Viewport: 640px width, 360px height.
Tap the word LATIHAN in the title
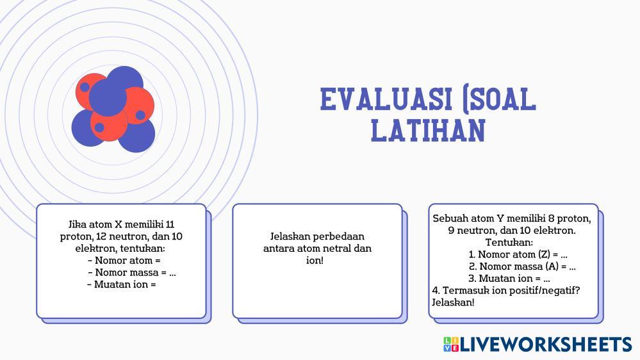point(428,130)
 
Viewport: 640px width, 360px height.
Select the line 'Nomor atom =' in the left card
point(124,261)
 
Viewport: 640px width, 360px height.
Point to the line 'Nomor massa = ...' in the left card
point(132,272)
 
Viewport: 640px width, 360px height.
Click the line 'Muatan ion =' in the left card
point(122,284)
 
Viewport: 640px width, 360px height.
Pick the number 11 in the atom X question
point(170,224)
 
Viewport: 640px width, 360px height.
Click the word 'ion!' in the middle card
point(315,260)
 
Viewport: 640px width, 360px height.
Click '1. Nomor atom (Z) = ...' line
point(518,254)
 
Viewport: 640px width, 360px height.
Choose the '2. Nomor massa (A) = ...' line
point(522,266)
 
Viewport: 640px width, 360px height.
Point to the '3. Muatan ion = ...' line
point(509,279)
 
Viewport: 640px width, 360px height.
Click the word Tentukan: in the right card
point(509,242)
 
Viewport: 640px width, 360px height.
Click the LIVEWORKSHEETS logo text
point(546,345)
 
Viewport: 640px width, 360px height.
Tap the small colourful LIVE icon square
point(451,345)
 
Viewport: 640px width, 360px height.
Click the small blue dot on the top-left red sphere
point(85,87)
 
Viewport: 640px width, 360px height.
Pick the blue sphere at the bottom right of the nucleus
point(138,135)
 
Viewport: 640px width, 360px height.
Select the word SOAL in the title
point(504,99)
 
